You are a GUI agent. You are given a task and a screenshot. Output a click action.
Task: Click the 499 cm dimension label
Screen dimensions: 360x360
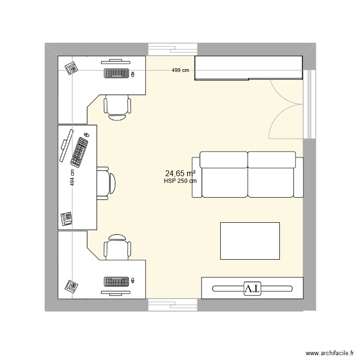[x=181, y=71]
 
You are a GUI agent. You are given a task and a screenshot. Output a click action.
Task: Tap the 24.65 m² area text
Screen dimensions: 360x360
[x=180, y=173]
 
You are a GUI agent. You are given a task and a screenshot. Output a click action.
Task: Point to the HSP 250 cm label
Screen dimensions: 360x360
[x=180, y=181]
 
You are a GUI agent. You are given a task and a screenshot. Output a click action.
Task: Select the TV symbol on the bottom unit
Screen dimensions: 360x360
[x=252, y=288]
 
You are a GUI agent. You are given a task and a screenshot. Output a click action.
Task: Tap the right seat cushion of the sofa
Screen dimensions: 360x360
[x=271, y=175]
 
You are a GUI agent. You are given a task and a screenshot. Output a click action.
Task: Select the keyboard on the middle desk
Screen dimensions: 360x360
[x=80, y=151]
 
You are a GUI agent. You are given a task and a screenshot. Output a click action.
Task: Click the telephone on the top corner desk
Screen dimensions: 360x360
[x=72, y=69]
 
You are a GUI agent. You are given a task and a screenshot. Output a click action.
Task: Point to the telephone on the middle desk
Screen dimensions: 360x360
[x=67, y=218]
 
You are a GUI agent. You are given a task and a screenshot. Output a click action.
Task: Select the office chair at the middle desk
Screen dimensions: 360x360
[x=106, y=182]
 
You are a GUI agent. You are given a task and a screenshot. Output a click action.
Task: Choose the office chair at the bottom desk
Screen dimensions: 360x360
[x=117, y=247]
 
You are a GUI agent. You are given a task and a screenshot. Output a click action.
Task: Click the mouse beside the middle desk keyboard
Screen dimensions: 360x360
[x=87, y=135]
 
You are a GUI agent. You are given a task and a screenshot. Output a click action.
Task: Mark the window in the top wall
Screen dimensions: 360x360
[x=173, y=49]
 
